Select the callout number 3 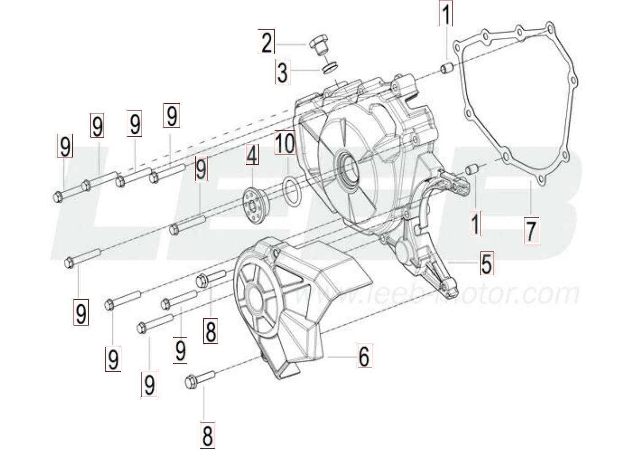[283, 72]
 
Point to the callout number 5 [486, 263]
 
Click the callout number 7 [531, 231]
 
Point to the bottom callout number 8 [207, 435]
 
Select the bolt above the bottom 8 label [200, 379]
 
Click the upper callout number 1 [445, 13]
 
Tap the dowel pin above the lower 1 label [472, 170]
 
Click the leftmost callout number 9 [65, 146]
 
